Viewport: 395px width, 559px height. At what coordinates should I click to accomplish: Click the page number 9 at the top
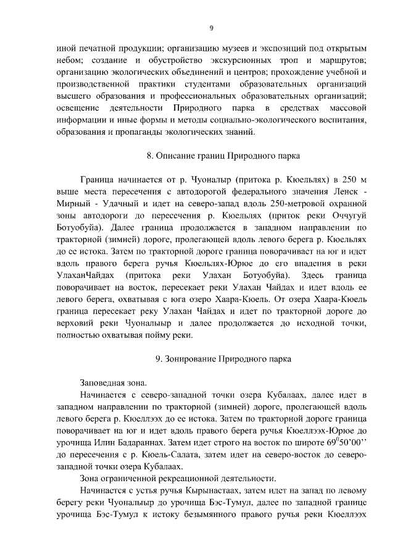[x=211, y=27]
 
